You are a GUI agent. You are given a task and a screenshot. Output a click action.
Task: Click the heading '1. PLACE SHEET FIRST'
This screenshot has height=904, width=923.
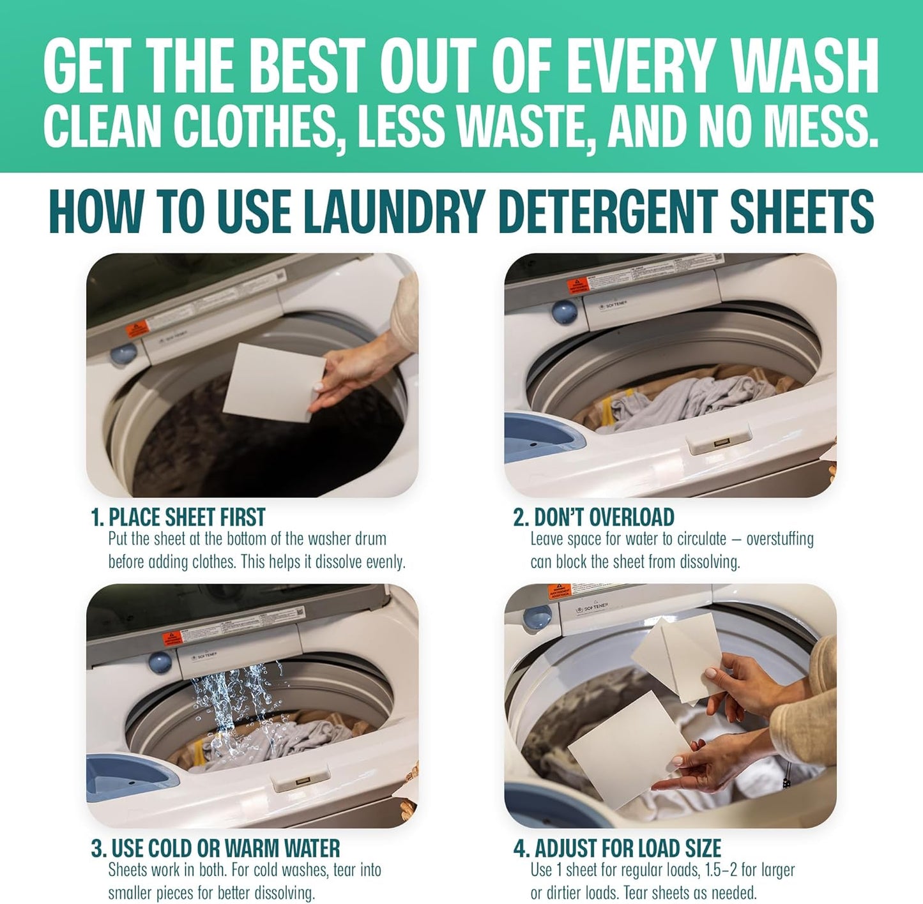click(178, 516)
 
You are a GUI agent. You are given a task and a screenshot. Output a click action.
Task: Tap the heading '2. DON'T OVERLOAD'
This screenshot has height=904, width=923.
click(593, 516)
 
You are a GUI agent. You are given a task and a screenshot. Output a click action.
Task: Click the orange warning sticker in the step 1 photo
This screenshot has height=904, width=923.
click(136, 329)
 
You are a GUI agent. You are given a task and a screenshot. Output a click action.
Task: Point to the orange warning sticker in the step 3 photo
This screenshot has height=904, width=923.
click(172, 638)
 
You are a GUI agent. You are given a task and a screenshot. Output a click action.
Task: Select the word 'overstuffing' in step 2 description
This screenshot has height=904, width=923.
click(780, 539)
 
